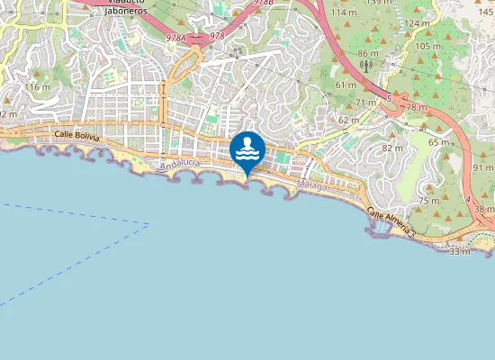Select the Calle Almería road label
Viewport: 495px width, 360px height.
point(390,220)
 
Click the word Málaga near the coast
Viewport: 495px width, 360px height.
point(312,185)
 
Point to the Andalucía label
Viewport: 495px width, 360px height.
point(179,166)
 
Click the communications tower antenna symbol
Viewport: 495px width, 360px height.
point(366,66)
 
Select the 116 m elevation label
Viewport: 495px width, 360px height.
point(37,86)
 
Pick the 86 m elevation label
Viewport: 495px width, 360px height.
point(367,54)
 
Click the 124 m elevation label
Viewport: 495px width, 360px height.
point(417,23)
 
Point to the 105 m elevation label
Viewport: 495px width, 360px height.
point(428,46)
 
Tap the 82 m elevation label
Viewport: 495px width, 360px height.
point(392,148)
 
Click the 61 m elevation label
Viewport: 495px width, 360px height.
point(346,85)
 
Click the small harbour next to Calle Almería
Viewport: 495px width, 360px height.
point(382,229)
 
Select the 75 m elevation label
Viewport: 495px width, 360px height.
point(428,200)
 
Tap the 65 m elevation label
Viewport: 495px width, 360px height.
point(438,142)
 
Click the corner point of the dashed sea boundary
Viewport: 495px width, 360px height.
point(148,223)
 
